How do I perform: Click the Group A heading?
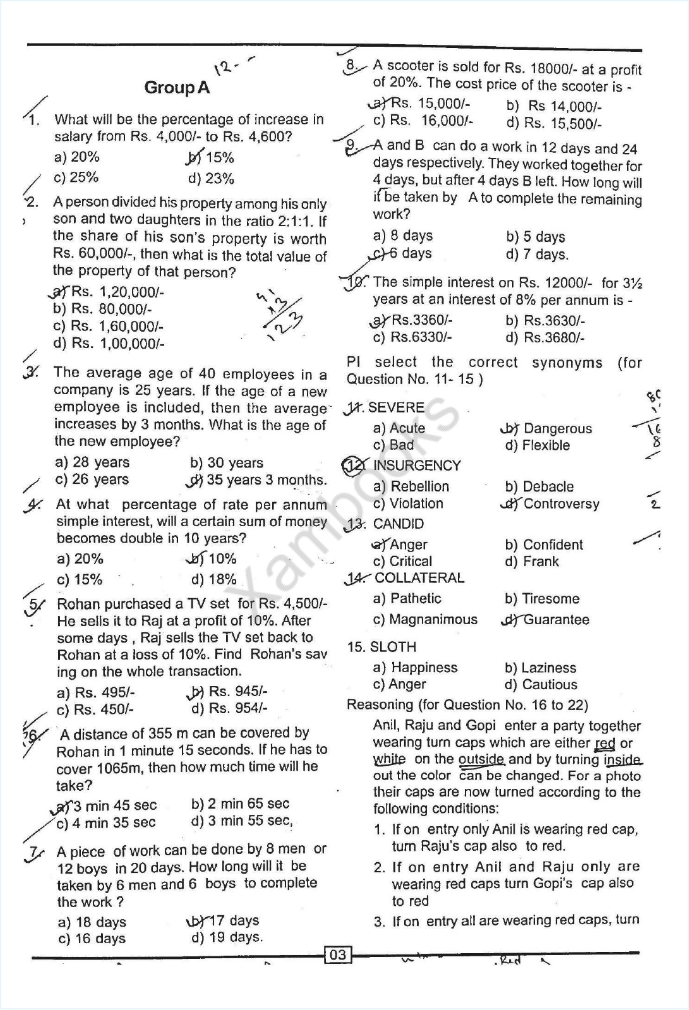tap(177, 87)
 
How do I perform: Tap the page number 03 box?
tap(338, 954)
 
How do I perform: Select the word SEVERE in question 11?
tap(396, 407)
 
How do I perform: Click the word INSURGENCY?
tap(417, 466)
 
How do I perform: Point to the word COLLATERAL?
tap(419, 578)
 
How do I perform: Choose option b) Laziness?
tap(541, 668)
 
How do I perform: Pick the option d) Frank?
tap(532, 562)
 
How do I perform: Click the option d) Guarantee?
tap(547, 620)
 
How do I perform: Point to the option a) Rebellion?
tap(411, 486)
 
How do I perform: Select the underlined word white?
tap(389, 760)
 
